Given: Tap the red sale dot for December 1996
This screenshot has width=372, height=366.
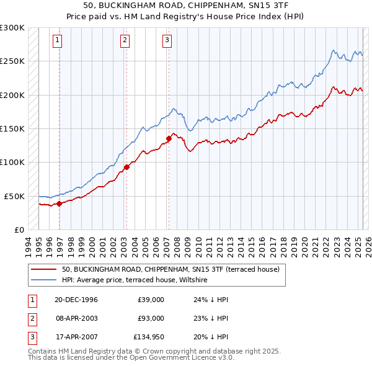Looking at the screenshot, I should pyautogui.click(x=60, y=203).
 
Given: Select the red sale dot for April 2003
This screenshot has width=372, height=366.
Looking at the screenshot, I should pyautogui.click(x=126, y=166).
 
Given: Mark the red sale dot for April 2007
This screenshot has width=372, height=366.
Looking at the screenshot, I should pyautogui.click(x=169, y=138).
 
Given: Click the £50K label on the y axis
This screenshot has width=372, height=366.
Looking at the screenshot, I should pyautogui.click(x=15, y=196).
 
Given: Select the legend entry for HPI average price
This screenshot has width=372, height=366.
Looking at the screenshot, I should pyautogui.click(x=134, y=280).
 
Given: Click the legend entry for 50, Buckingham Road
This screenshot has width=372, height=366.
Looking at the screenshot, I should pyautogui.click(x=170, y=269).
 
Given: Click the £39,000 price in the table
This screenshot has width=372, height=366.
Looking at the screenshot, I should pyautogui.click(x=151, y=300).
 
